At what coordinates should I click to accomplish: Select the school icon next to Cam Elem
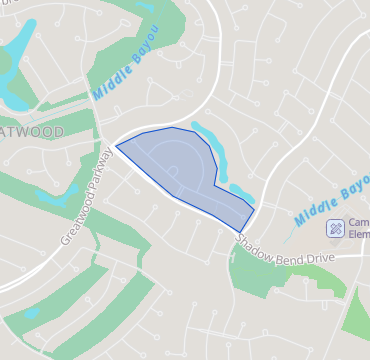pos(335,228)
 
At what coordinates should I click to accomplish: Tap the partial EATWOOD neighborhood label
pos(30,133)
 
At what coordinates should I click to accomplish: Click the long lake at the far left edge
pos(14,75)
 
